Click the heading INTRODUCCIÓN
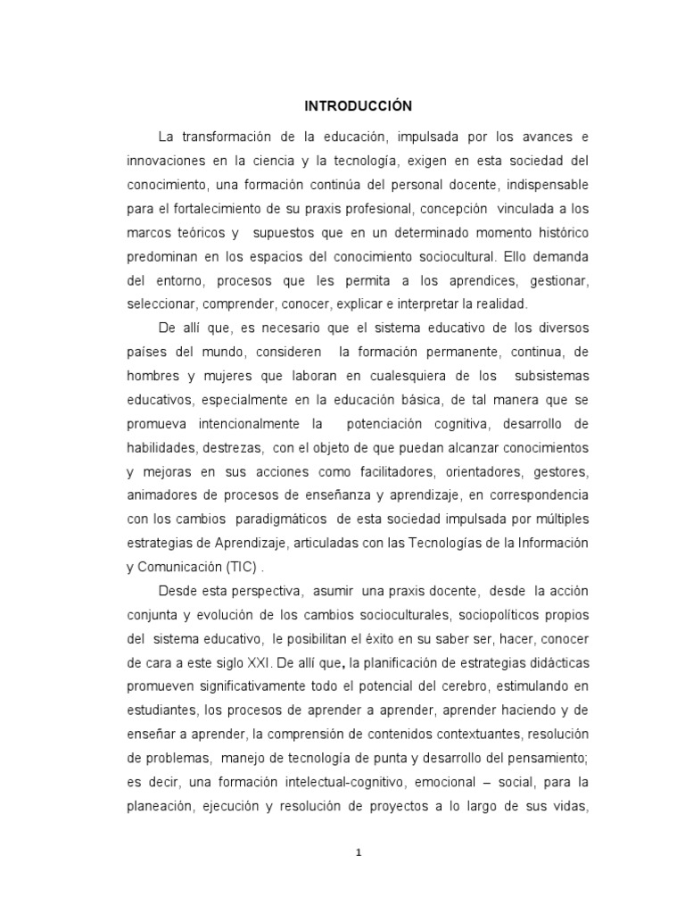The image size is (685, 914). pyautogui.click(x=358, y=106)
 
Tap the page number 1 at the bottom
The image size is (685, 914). pyautogui.click(x=358, y=852)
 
